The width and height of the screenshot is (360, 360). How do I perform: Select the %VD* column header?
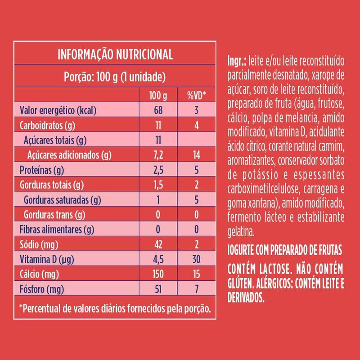click(x=196, y=95)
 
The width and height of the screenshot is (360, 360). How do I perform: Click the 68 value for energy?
click(x=157, y=110)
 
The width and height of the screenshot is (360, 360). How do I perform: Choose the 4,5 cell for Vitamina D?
click(x=157, y=259)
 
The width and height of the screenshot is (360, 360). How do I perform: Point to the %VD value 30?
click(x=196, y=259)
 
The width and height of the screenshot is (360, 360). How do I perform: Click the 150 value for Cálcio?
click(x=157, y=274)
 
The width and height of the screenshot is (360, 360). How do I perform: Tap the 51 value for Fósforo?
click(x=157, y=288)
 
